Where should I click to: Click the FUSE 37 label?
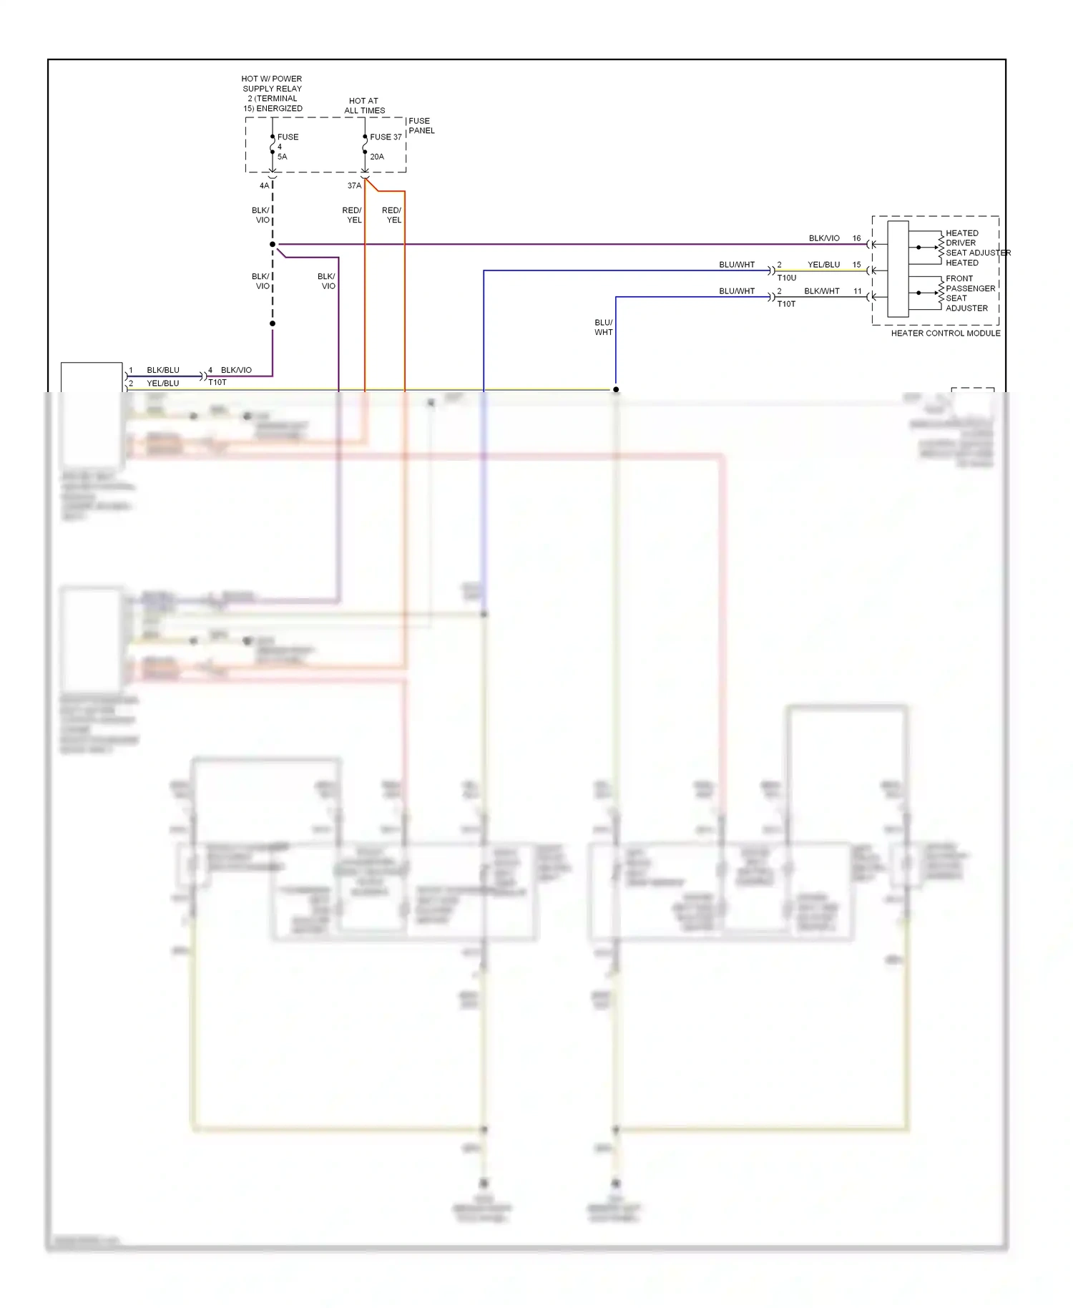coord(386,137)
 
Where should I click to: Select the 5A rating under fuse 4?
coord(283,157)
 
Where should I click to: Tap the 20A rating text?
coord(377,157)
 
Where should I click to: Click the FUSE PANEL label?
coord(421,126)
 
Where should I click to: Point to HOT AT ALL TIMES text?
coord(364,106)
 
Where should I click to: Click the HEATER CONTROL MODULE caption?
coord(945,333)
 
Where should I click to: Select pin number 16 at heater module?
coord(856,238)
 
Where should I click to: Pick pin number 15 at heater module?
coord(856,265)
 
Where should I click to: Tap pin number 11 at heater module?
coord(857,291)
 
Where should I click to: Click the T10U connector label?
coord(786,278)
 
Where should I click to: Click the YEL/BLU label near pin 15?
coord(823,265)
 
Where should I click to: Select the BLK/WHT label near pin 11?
coord(821,291)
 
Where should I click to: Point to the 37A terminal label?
coord(354,186)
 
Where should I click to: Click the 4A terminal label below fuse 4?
coord(264,186)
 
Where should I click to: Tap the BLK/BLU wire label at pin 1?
coord(163,371)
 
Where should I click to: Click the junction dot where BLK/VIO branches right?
coord(273,245)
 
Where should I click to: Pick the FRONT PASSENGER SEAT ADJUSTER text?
coord(969,293)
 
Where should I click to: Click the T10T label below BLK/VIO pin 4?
coord(217,383)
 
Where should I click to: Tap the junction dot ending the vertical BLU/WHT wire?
coord(616,390)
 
